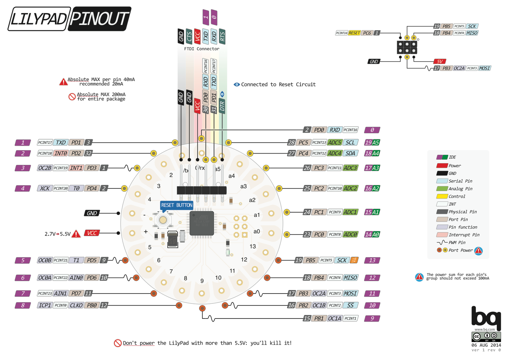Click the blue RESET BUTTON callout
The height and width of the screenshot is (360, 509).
click(x=176, y=205)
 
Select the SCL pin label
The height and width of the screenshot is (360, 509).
click(x=350, y=143)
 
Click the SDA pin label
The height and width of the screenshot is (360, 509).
click(x=350, y=153)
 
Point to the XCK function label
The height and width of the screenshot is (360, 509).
click(x=45, y=188)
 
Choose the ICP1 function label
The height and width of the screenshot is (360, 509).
click(x=45, y=306)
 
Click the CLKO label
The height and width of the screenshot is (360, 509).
click(x=76, y=306)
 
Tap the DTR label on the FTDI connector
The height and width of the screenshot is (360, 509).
click(x=222, y=106)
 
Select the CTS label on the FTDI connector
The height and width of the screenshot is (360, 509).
click(x=189, y=36)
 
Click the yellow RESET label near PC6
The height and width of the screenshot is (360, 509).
click(x=354, y=33)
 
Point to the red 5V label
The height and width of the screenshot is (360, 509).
click(x=439, y=62)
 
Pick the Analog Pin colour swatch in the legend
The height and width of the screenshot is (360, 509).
click(x=442, y=189)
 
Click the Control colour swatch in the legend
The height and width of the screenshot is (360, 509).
click(x=442, y=197)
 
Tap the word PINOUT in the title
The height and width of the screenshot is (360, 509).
click(x=99, y=19)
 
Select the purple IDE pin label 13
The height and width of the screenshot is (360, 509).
click(x=372, y=261)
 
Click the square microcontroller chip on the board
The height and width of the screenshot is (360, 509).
click(x=202, y=223)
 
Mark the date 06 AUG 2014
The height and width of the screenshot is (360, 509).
click(x=486, y=345)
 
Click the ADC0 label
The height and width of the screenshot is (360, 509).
click(x=350, y=234)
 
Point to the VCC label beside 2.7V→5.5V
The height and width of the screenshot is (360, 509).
click(x=92, y=233)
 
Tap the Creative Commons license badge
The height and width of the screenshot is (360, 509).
click(x=486, y=336)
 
